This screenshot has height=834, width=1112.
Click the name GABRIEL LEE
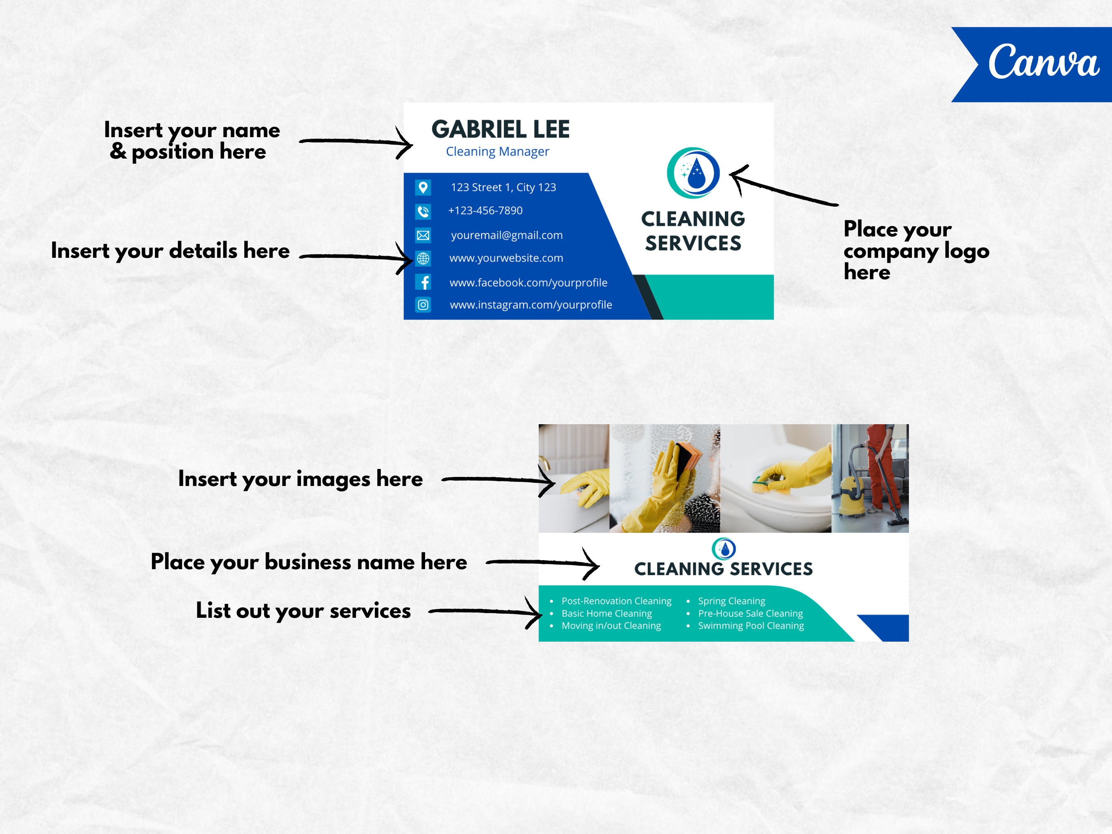pyautogui.click(x=500, y=130)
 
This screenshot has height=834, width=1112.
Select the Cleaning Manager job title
pyautogui.click(x=497, y=151)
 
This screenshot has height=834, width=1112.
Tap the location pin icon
pyautogui.click(x=423, y=187)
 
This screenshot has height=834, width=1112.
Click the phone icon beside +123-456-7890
pyautogui.click(x=423, y=212)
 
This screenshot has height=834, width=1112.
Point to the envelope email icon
pyautogui.click(x=423, y=235)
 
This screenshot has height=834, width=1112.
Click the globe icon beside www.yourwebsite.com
pyautogui.click(x=423, y=258)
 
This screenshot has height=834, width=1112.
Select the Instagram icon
pyautogui.click(x=423, y=305)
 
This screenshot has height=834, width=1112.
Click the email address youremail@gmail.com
pyautogui.click(x=507, y=235)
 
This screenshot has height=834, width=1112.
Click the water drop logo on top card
pyautogui.click(x=693, y=173)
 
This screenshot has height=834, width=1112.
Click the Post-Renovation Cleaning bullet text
pyautogui.click(x=616, y=601)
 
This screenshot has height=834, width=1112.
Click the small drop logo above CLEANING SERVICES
pyautogui.click(x=724, y=549)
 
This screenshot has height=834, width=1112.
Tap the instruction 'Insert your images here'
pyautogui.click(x=300, y=479)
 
